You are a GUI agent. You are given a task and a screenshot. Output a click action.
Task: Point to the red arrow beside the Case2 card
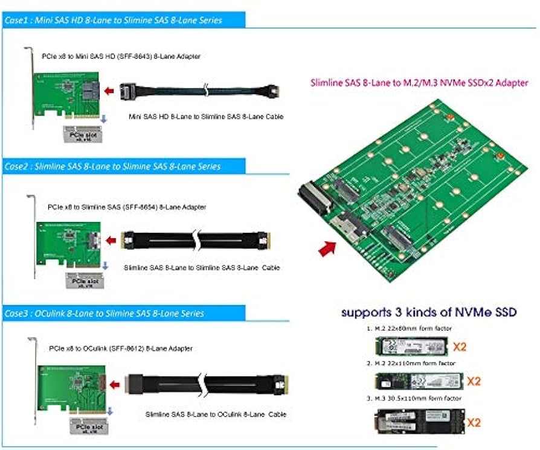(x=111, y=241)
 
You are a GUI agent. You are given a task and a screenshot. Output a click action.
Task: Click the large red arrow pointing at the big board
(x=327, y=247)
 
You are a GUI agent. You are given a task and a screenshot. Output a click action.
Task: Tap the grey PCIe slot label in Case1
(x=82, y=134)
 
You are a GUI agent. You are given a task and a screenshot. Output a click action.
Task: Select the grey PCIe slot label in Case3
(x=84, y=425)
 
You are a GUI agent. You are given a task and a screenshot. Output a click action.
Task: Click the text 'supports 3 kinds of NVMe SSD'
(x=429, y=312)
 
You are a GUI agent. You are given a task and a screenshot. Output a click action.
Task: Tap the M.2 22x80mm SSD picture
(x=408, y=347)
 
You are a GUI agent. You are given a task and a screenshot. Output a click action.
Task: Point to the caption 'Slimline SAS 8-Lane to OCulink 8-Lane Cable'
(x=216, y=414)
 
